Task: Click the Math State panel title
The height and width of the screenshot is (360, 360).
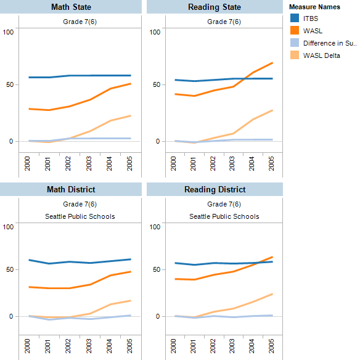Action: [x=71, y=7]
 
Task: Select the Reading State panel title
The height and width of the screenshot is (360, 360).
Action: [x=215, y=7]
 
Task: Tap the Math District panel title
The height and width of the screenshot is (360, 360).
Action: [x=71, y=189]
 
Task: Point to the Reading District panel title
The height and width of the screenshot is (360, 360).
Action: [x=215, y=189]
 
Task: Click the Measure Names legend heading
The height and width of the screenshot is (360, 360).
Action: [x=316, y=7]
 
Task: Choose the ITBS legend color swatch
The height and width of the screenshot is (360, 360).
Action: [x=295, y=18]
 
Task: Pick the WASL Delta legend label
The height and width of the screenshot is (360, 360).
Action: [x=322, y=55]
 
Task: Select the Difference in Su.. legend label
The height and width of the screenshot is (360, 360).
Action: [x=330, y=43]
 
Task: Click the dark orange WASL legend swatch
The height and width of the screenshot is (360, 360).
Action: [x=295, y=31]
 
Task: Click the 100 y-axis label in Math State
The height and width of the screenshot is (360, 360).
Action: [x=8, y=31]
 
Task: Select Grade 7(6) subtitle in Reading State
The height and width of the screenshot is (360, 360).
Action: [x=224, y=22]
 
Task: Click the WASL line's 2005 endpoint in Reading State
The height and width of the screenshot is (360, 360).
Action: [x=272, y=63]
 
